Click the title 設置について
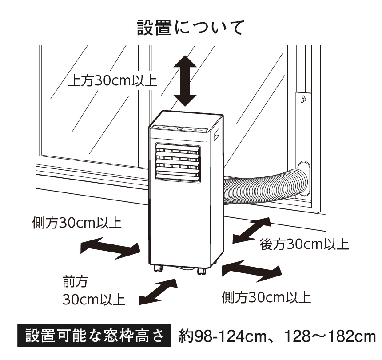190,28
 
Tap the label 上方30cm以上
112,81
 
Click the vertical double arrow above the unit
185,81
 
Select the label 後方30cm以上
304,244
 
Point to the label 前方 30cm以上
94,291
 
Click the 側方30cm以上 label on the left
77,223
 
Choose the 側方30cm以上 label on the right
266,297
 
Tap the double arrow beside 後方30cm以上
252,230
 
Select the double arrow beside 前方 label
158,292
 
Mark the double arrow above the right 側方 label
252,271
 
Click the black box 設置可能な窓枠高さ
94,336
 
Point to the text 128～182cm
330,336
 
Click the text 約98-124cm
222,336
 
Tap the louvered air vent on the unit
178,162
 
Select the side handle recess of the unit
216,134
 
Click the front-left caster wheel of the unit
158,268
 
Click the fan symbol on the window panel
303,99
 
